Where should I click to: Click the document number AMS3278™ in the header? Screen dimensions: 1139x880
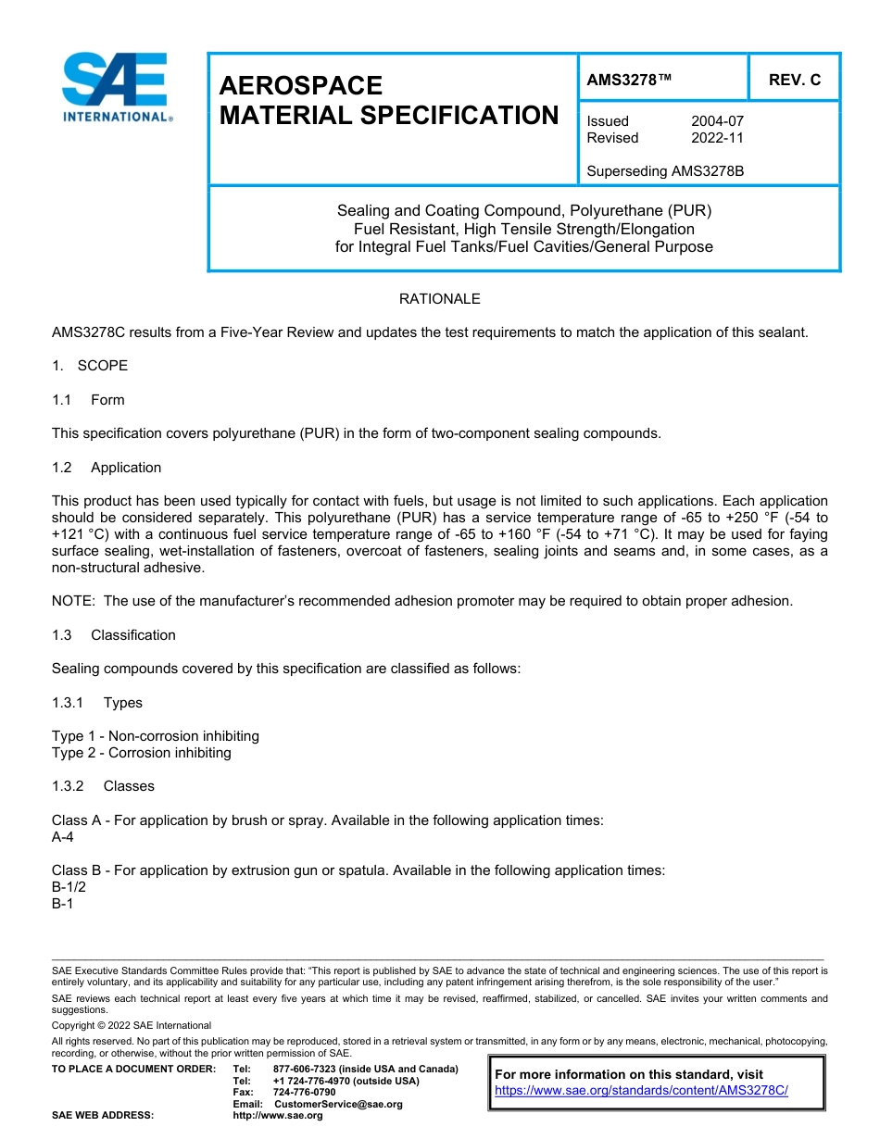point(629,80)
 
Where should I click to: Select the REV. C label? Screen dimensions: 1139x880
point(794,80)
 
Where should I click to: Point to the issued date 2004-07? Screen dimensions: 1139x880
point(717,121)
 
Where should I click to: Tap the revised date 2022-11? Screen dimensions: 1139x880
point(717,138)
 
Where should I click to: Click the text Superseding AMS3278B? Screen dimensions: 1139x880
point(665,171)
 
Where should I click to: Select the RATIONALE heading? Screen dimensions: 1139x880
point(439,299)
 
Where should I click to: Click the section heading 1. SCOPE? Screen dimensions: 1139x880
point(90,366)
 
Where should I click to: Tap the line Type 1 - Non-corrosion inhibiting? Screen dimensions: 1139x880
point(155,736)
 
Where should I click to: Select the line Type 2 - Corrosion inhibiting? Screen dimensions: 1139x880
point(141,753)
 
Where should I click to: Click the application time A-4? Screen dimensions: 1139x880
point(62,837)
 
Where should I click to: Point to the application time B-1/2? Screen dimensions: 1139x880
point(68,887)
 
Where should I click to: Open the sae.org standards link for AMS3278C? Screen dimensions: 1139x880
point(641,1091)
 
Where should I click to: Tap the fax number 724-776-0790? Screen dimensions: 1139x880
point(304,1093)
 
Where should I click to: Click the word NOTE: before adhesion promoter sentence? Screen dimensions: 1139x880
point(73,601)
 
